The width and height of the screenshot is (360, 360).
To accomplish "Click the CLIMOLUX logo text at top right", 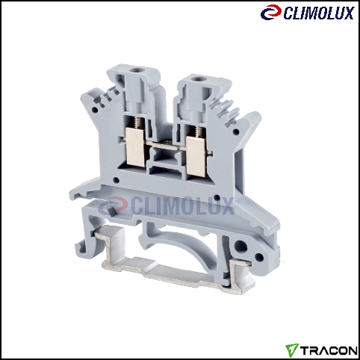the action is [319, 13].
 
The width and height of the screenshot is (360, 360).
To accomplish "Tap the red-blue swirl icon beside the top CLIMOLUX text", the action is [271, 12].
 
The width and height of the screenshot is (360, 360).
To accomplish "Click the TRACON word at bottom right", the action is [329, 350].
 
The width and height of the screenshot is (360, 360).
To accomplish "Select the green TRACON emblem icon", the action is [292, 350].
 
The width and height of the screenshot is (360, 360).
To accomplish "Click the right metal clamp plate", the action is [196, 157].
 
